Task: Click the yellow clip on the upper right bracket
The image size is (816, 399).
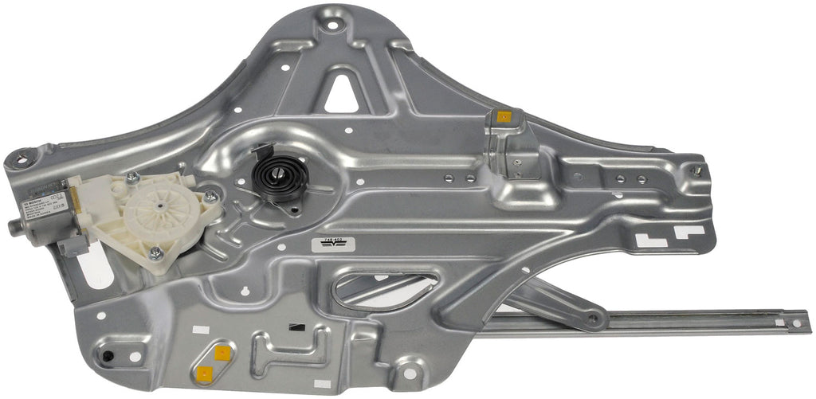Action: click(504, 117)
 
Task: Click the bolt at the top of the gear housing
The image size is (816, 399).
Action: click(132, 178)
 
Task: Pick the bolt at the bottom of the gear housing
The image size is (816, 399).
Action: click(156, 252)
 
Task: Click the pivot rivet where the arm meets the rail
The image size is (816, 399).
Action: click(591, 319)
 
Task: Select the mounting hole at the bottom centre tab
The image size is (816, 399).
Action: click(409, 373)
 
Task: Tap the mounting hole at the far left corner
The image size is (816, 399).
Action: click(21, 160)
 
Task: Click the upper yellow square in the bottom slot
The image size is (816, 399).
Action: click(222, 353)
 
